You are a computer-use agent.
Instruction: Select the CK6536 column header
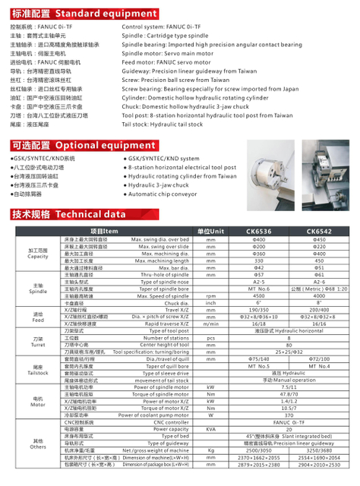(x=258, y=231)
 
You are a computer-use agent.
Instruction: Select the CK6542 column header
(x=320, y=231)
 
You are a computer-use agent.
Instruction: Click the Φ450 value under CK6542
(x=320, y=239)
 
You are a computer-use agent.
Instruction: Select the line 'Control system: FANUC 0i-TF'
(x=159, y=26)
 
